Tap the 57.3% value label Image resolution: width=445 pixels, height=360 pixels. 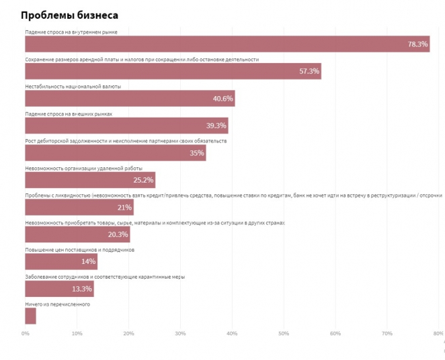click(309, 71)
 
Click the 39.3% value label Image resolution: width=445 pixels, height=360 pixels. click(216, 126)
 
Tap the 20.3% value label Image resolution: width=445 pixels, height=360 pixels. click(118, 234)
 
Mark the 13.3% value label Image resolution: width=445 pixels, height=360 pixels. click(81, 289)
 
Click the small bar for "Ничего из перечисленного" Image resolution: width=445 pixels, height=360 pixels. click(30, 316)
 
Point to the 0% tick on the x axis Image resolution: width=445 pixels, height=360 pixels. click(26, 334)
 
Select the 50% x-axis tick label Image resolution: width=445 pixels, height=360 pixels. click(284, 334)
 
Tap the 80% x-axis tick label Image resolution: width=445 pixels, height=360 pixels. click(438, 334)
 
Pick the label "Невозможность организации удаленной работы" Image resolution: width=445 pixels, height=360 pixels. click(83, 169)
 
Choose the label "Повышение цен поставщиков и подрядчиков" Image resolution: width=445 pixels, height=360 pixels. click(79, 250)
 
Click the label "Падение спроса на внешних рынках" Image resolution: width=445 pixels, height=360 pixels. click(69, 114)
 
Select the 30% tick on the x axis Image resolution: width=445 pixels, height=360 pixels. click(180, 334)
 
